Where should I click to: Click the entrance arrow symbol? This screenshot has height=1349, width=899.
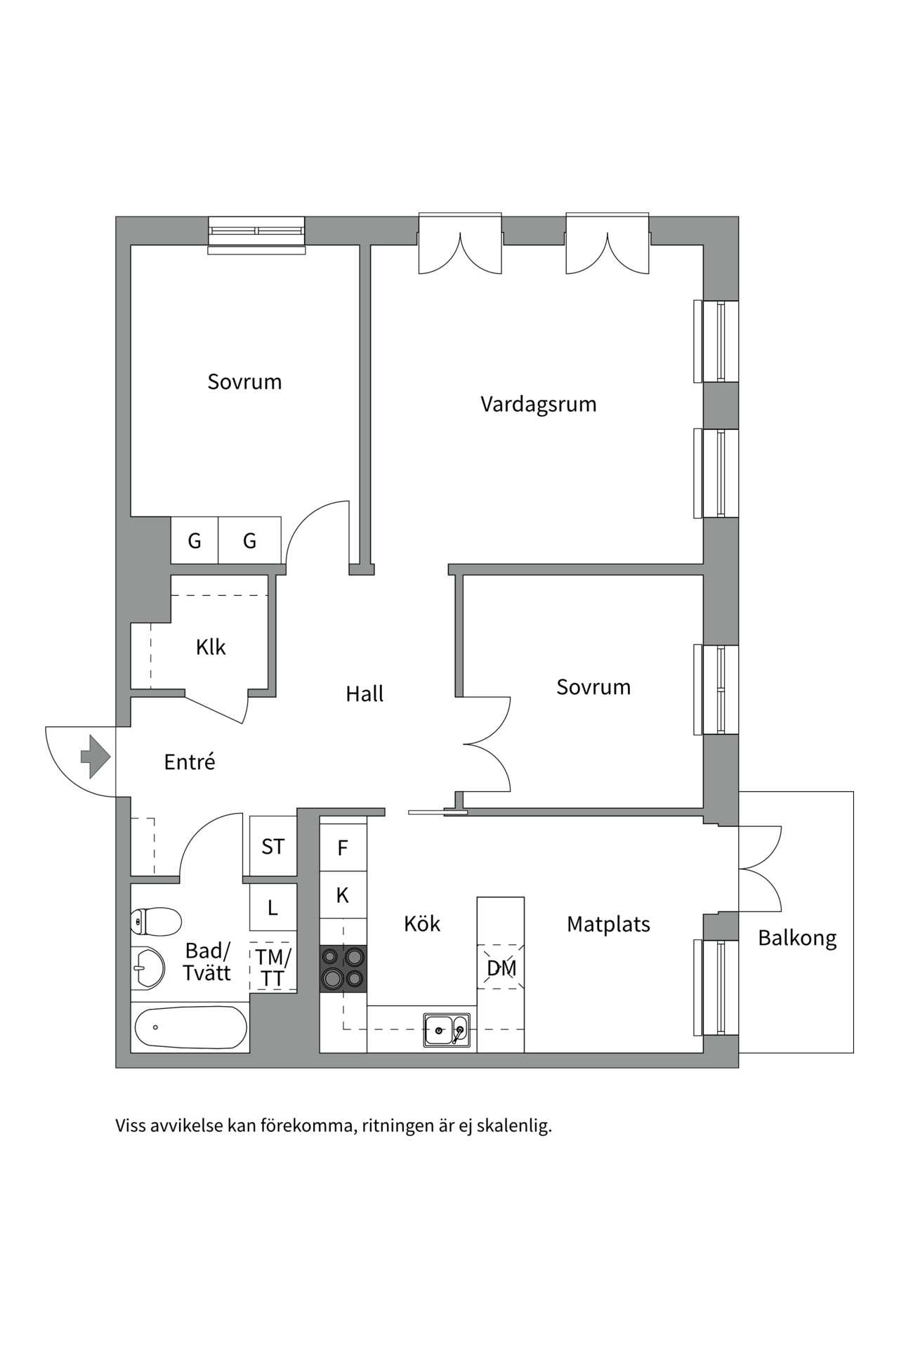96,757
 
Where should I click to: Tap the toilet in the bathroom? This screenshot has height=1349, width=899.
157,921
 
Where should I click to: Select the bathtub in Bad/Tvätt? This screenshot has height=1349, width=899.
190,1027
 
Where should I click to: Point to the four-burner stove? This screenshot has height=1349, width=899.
343,967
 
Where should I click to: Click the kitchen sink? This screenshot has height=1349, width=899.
446,1030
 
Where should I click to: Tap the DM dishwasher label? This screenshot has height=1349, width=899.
501,968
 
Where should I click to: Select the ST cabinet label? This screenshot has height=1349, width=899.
273,847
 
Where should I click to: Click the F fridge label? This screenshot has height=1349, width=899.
343,848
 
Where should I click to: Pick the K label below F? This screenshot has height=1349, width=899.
343,895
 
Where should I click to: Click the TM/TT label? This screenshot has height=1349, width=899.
273,967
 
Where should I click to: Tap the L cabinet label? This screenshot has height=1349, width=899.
273,908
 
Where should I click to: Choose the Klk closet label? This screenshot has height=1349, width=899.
211,647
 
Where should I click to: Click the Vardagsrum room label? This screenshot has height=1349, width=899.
538,404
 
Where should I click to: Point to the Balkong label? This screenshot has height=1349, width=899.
797,939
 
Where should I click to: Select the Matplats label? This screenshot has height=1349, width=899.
608,924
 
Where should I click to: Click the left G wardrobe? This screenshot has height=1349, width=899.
195,540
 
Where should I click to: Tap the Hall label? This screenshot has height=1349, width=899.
365,694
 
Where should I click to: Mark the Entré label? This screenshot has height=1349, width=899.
189,762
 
